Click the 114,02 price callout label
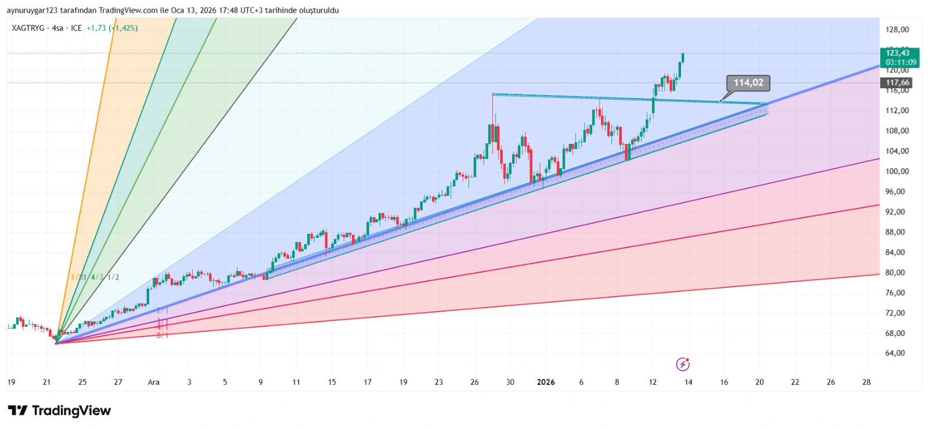[x=748, y=83]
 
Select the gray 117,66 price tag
[x=898, y=83]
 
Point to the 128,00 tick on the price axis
[x=897, y=30]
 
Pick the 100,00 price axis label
[x=897, y=171]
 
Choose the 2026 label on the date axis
[x=546, y=382]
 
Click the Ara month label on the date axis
[x=153, y=382]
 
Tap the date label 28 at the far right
[x=866, y=382]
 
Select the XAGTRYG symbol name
[x=28, y=28]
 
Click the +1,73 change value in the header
[x=96, y=28]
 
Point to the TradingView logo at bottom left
[x=59, y=411]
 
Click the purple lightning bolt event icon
[x=683, y=364]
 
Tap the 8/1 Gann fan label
[x=163, y=335]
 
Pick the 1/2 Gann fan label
[x=113, y=277]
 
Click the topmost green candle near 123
[x=683, y=57]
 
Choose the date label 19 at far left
[x=11, y=382]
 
